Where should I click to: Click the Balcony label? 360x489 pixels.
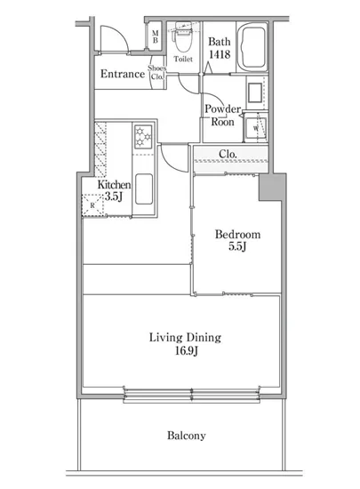[187, 436]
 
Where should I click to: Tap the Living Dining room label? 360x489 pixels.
[185, 338]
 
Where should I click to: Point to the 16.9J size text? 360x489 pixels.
[187, 351]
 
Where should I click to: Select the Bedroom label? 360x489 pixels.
[237, 234]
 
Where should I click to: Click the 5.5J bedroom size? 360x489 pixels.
[237, 246]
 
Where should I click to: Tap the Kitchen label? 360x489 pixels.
[114, 185]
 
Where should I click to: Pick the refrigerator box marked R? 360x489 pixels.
[92, 205]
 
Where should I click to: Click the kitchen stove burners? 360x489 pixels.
[143, 137]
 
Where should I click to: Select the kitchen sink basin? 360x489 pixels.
[144, 189]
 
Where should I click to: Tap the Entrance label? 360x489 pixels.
[123, 74]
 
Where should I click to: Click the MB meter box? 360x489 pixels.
[155, 36]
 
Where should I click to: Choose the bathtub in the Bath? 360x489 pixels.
[252, 48]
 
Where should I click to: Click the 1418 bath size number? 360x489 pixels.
[220, 54]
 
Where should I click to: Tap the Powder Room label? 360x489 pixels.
[222, 116]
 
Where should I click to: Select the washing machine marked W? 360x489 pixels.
[256, 128]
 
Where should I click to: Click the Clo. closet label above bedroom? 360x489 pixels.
[228, 154]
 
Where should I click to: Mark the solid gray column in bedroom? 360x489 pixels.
[272, 188]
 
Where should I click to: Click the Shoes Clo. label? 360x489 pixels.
[156, 72]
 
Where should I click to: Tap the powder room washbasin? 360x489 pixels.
[255, 92]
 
